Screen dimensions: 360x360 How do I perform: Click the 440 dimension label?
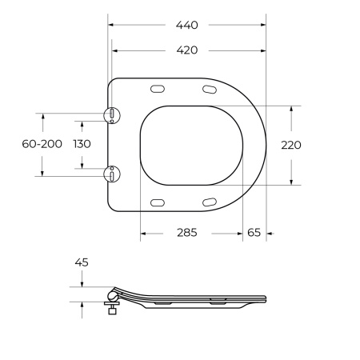click(187, 25)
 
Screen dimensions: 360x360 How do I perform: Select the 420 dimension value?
click(187, 50)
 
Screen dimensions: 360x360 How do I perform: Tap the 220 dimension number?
click(291, 145)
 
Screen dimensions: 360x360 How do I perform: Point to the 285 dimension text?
click(187, 233)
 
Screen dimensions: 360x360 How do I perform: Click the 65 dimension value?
click(254, 233)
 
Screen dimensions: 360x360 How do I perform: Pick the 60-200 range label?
click(42, 144)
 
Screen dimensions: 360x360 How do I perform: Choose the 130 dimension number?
click(82, 144)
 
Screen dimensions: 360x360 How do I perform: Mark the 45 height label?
click(82, 262)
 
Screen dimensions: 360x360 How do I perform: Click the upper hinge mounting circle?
click(112, 115)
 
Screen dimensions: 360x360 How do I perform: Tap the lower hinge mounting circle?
click(112, 174)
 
